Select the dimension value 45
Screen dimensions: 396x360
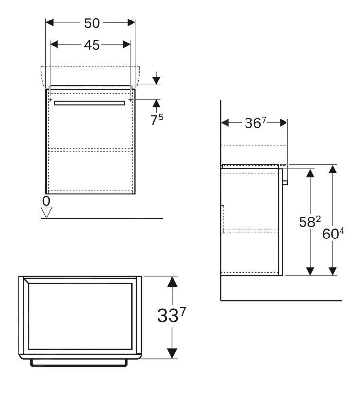(x=91, y=45)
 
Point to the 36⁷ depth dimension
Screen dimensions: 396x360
(x=255, y=124)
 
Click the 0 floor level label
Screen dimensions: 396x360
(x=46, y=200)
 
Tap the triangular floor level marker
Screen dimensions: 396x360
(x=46, y=212)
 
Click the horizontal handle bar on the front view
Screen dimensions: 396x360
(x=90, y=103)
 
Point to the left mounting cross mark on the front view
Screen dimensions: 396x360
(x=51, y=99)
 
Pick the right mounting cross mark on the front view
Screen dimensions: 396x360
(x=131, y=99)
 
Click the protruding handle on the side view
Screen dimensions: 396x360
(x=285, y=183)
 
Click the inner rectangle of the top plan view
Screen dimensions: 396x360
(x=80, y=317)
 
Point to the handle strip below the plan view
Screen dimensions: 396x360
(x=80, y=363)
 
